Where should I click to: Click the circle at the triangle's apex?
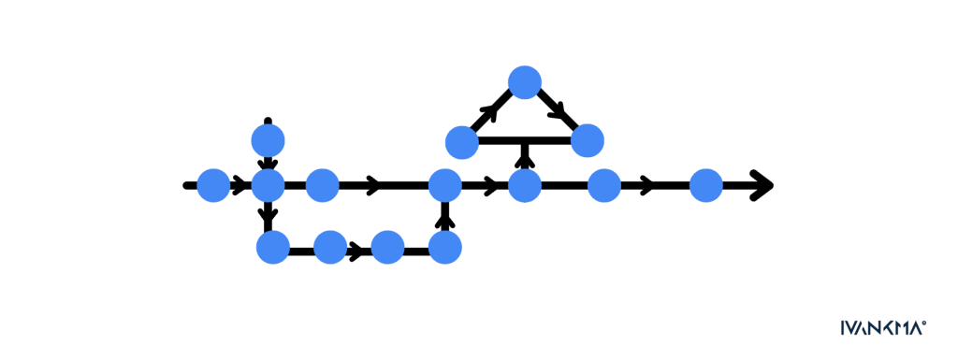click(x=525, y=81)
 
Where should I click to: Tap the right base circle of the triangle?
click(x=588, y=140)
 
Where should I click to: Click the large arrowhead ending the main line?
click(x=762, y=185)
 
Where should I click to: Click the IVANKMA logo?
click(x=883, y=327)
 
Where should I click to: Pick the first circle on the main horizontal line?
click(x=213, y=185)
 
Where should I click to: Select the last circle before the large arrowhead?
click(x=706, y=185)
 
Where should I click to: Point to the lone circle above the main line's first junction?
click(x=269, y=140)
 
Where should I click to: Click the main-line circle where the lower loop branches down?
click(x=269, y=185)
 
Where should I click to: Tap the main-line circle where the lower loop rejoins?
click(x=444, y=185)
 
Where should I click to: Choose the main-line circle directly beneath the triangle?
click(x=525, y=185)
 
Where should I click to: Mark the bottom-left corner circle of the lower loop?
click(x=273, y=247)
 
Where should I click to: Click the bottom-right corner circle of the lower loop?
click(x=444, y=247)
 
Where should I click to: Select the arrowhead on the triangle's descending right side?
click(x=559, y=111)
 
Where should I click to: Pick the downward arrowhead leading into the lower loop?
click(x=269, y=215)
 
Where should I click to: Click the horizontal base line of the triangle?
click(x=525, y=141)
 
